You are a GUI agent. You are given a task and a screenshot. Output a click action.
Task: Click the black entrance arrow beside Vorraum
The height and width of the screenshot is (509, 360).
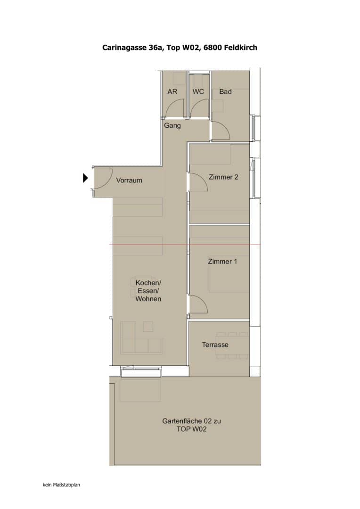coord(85,178)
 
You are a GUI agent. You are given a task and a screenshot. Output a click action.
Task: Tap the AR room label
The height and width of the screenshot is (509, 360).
coord(172,91)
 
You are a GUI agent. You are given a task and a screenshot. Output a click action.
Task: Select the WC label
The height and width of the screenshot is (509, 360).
coord(198,91)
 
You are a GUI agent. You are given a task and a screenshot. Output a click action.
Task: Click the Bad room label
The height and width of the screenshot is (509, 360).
coord(225,91)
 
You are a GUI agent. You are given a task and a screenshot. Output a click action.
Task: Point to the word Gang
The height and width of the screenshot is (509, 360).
coord(172,126)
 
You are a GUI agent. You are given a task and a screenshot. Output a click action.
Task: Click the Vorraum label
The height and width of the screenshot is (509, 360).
coord(129,180)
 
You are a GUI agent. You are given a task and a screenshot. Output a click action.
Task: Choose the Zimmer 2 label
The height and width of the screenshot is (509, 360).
coord(223,177)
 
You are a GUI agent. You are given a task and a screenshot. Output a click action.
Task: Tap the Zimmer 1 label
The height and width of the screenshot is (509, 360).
coord(222,261)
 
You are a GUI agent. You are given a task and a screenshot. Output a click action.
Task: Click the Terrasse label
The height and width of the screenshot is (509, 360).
coord(215,345)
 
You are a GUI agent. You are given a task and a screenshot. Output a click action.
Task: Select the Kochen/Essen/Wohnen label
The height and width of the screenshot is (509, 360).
coord(148,291)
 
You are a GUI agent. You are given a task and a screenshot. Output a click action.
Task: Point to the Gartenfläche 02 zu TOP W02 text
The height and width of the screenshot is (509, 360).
coord(191,425)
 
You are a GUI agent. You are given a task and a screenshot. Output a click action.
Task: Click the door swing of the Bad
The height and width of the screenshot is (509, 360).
coord(221,131)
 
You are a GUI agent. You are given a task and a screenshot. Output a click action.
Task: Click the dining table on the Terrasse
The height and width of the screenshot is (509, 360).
coord(232,345)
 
